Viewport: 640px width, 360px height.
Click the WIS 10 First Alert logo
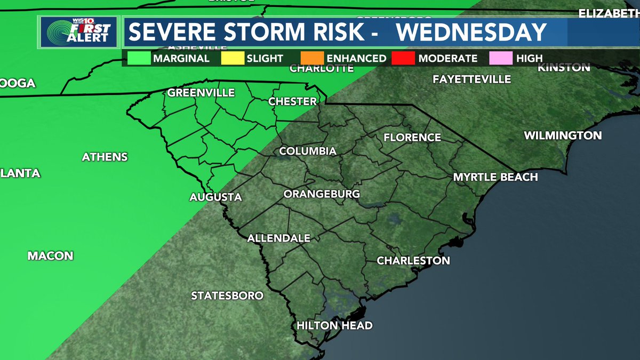pos(79,32)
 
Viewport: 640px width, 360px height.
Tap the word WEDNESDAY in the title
pos(472,32)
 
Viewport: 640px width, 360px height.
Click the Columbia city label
pos(308,151)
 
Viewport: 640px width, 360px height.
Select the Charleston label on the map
pos(413,261)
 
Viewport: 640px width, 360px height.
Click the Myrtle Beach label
pos(495,177)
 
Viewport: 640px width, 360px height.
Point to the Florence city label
pos(412,138)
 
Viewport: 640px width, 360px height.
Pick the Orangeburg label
pos(322,194)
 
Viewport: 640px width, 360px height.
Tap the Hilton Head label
pos(334,325)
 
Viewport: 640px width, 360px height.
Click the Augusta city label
pos(216,197)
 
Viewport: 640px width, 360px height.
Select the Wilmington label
pos(563,135)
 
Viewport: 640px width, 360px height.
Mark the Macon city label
pos(51,256)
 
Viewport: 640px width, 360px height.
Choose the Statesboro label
pos(227,295)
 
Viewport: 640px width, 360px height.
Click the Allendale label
pos(279,238)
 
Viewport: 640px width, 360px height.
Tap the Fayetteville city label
pos(472,79)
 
